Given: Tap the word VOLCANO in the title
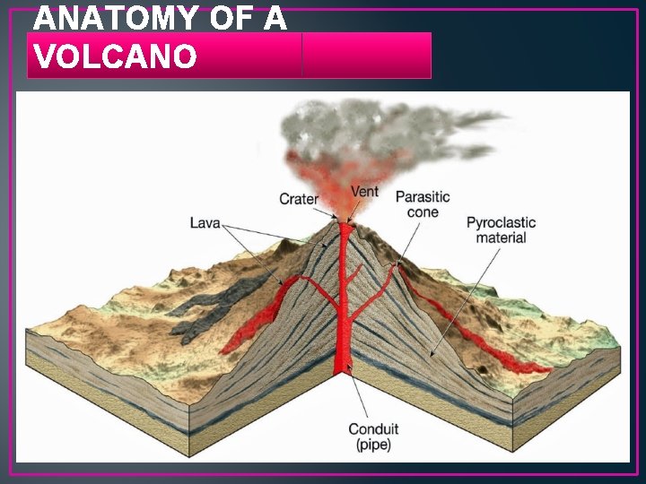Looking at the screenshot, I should [x=115, y=56].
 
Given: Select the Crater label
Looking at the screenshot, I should [x=299, y=199].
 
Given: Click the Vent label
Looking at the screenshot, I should [x=364, y=191].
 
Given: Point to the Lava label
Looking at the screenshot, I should [x=205, y=221].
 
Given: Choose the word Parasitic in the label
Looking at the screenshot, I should [x=423, y=196].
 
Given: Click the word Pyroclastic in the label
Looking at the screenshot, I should [x=501, y=222].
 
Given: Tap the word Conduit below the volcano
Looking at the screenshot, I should [x=373, y=428].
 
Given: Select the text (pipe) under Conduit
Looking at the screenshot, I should [x=373, y=445].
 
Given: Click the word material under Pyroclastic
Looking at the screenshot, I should [x=501, y=238].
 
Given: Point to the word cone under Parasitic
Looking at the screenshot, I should [x=423, y=212].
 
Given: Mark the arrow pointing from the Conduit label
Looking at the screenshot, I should [x=357, y=394].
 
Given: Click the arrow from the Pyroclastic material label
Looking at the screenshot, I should [x=467, y=296].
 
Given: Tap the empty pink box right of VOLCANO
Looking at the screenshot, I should [x=366, y=56].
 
